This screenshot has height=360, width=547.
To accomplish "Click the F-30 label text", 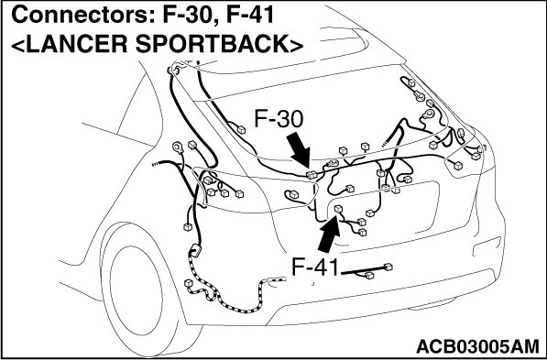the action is point(279,119).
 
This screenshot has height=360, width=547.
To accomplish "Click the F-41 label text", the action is point(315,267).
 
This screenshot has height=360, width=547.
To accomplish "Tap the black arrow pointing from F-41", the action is point(328,234).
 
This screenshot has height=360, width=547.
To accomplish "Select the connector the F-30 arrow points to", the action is point(312,175).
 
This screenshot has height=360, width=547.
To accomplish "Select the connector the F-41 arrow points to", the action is point(338,209).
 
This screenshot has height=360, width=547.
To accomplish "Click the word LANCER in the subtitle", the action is point(76,44).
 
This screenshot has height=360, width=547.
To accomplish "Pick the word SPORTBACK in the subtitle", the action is point(212,44).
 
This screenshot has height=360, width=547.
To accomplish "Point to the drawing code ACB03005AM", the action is point(477,346).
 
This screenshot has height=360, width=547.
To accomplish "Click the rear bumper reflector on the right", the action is point(487,246).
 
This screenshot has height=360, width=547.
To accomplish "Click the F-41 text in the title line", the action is point(250,16).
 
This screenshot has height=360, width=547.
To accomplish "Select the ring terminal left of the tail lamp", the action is point(178,147).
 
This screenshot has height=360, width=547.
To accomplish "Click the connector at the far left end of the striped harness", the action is point(188,283).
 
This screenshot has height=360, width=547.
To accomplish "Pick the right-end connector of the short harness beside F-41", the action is point(388,267).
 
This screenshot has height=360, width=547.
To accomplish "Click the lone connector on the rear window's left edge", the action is point(241,130).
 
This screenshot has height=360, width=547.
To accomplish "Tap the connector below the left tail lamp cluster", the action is point(187,227).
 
